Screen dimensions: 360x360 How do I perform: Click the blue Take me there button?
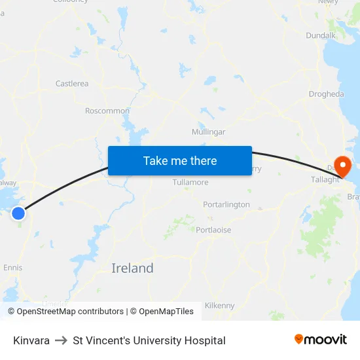click(x=180, y=160)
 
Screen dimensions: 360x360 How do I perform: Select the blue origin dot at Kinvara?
click(x=18, y=213)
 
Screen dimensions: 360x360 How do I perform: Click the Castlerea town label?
click(x=72, y=84)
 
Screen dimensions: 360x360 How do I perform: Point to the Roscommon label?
click(x=107, y=111)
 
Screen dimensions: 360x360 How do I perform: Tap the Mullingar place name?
click(x=208, y=132)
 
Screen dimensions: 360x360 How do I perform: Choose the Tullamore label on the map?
click(x=190, y=182)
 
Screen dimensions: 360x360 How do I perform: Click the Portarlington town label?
click(x=226, y=204)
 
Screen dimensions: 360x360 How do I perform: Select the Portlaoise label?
click(x=213, y=230)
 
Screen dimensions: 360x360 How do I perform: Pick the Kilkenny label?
click(x=219, y=305)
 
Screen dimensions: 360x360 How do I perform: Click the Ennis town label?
click(x=13, y=267)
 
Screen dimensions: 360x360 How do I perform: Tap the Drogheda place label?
click(x=326, y=94)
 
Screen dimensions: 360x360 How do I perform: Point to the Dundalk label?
click(x=321, y=35)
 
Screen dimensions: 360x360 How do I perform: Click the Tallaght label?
click(x=325, y=179)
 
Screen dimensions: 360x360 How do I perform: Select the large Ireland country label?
click(x=132, y=268)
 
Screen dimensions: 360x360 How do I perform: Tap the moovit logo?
click(x=321, y=339)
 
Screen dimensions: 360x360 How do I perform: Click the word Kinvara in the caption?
click(x=31, y=340)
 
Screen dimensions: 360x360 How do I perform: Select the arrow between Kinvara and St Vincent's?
click(x=61, y=340)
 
